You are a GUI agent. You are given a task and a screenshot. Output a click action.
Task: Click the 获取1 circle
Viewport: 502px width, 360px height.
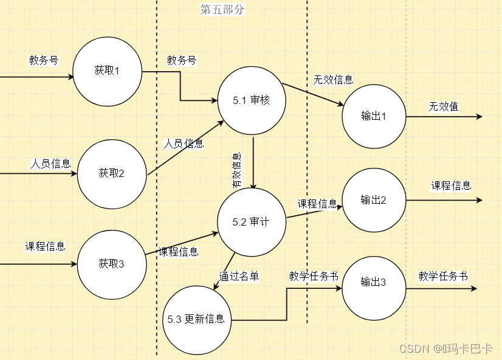pos(106,71)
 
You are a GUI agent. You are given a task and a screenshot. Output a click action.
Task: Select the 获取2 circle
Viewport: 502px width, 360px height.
pos(111,173)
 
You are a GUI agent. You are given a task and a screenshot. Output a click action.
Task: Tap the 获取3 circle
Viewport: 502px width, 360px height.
pos(111,263)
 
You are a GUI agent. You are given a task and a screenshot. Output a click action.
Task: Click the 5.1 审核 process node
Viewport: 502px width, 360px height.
pos(251,100)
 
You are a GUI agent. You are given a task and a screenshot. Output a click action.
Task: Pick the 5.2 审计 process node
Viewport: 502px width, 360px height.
pos(250,222)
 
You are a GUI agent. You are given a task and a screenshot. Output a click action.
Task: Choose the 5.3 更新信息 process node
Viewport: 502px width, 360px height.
pos(196,319)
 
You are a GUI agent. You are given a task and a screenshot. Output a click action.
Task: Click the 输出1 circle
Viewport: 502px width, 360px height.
pos(374,116)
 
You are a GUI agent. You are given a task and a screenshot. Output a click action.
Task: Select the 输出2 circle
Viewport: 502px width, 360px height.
pos(374,199)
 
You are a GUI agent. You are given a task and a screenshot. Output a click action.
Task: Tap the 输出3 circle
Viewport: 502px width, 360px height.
pos(374,282)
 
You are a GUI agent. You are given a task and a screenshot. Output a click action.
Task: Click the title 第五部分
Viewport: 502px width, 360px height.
pos(222,10)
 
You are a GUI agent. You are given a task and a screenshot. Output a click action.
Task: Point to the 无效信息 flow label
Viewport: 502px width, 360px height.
pos(333,80)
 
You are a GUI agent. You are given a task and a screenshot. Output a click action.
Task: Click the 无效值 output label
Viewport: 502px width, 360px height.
pos(444,106)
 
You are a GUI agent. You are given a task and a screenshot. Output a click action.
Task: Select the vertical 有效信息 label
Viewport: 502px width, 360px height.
pos(237,168)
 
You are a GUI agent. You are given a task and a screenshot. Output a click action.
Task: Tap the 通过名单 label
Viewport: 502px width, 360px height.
pos(239,275)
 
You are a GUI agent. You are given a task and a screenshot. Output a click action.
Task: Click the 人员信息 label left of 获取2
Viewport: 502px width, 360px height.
pos(51,164)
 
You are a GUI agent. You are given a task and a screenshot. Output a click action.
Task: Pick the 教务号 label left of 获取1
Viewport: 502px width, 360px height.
pos(44,60)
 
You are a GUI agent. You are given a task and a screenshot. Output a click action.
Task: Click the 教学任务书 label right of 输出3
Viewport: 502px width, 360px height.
pos(443,275)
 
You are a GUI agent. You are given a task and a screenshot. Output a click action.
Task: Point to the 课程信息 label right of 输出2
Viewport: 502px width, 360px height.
pos(452,185)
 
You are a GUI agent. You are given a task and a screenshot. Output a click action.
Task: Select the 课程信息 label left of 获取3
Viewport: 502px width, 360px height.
pos(45,246)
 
